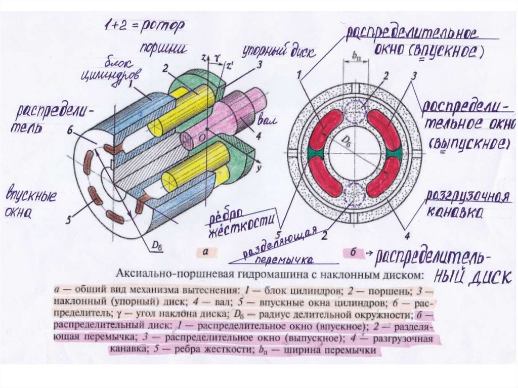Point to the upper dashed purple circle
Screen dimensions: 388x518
(x=354, y=111)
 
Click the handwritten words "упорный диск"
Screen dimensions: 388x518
(x=279, y=52)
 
